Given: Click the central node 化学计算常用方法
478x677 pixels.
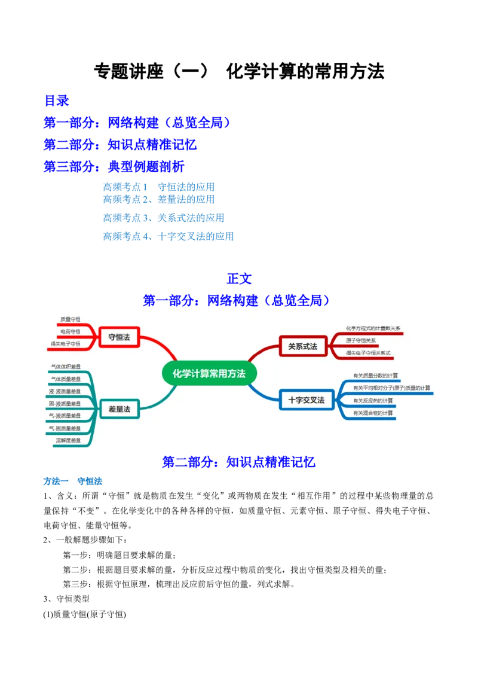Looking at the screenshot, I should coord(209,374).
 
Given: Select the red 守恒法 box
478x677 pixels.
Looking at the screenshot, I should coord(119,337).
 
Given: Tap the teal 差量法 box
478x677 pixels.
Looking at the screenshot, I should coord(119,409).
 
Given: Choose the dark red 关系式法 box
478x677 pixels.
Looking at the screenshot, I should coord(302,346).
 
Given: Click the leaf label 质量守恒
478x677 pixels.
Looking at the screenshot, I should coord(71,319).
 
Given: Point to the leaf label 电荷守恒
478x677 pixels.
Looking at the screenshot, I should coord(71,331).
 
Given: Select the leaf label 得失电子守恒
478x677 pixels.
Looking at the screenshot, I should coord(66,344).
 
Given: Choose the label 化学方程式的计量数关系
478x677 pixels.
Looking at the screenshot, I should coord(373,328).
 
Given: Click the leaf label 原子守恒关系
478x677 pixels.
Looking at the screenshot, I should coord(361,340).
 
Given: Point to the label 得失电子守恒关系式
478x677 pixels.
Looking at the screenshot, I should coord(368,353).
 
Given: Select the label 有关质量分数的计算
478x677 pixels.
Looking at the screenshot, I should coord(376,376).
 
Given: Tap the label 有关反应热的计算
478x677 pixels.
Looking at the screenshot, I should coord(373,400).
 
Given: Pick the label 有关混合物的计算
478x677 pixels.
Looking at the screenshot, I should coord(373,413).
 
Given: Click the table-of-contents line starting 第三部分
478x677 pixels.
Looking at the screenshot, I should coord(114,166).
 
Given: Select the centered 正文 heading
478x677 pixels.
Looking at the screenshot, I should coord(239,279).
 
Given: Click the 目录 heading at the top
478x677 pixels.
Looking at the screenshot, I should coord(57,100).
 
